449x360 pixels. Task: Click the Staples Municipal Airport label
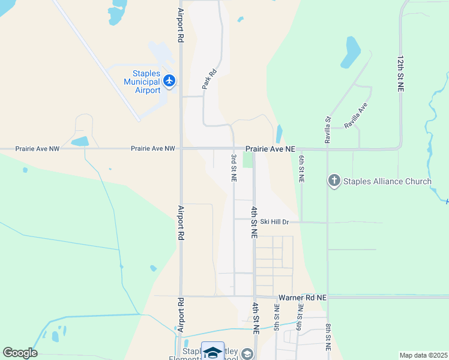[142, 82]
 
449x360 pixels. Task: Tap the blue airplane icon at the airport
[169, 80]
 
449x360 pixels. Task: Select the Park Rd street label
[208, 80]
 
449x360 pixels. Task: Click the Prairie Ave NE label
[270, 148]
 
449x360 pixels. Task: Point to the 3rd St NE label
[234, 167]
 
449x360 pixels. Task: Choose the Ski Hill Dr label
[275, 222]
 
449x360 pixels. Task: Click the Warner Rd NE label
[303, 297]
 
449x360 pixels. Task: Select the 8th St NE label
[328, 337]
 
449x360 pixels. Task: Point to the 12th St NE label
[400, 74]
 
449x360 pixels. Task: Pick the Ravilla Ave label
[355, 116]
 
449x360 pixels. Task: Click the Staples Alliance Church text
[387, 181]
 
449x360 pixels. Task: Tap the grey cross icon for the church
[334, 181]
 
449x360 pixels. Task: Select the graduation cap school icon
[212, 352]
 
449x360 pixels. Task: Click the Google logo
[20, 353]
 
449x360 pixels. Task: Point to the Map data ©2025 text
[423, 355]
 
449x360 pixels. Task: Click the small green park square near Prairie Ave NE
[248, 160]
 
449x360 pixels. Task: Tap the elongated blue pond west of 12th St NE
[351, 52]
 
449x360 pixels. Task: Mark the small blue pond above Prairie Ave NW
[80, 142]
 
